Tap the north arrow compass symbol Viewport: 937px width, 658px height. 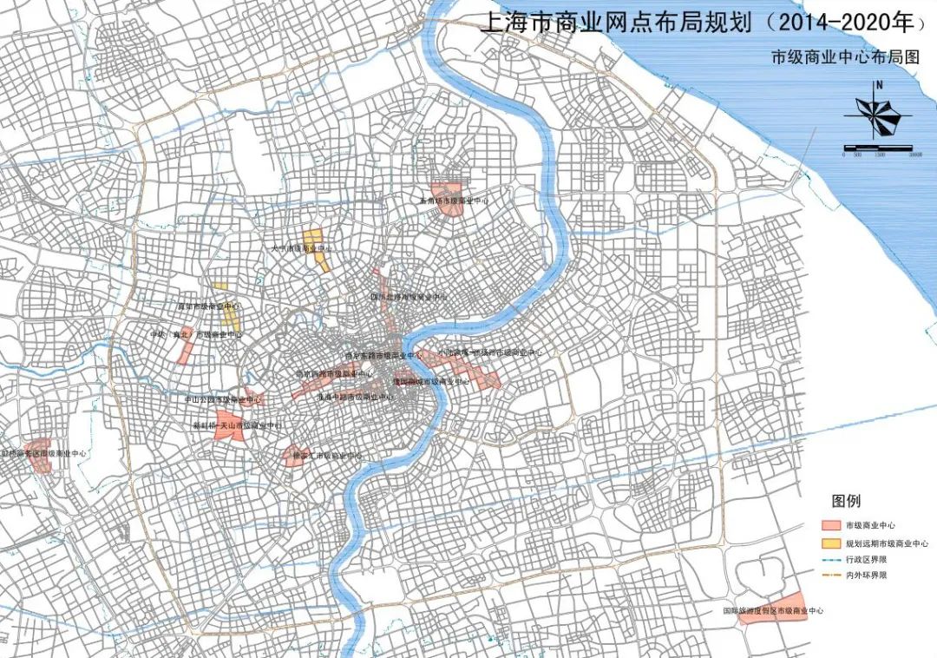pos(879,112)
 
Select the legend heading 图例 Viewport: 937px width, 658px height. pos(846,502)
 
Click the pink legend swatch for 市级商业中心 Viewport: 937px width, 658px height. pos(834,526)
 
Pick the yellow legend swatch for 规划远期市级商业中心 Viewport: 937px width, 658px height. pos(834,543)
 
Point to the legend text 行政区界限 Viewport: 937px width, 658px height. pos(873,559)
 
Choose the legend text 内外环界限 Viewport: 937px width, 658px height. pos(873,575)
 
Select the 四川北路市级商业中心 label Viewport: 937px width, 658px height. pos(410,297)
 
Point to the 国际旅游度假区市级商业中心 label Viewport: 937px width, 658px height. pos(773,611)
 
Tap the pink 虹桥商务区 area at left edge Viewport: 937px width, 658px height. pos(39,460)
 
